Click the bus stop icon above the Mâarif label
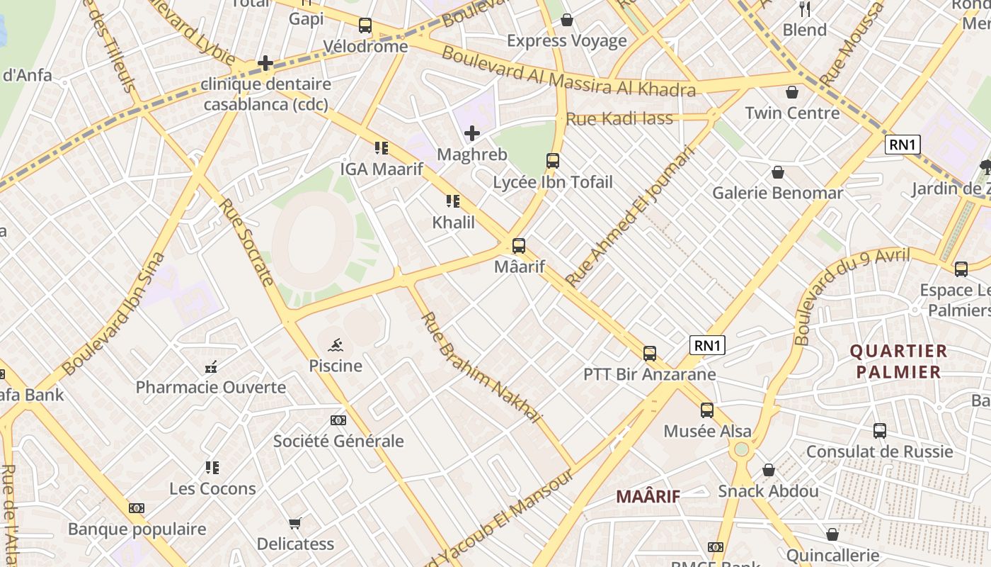pyautogui.click(x=519, y=246)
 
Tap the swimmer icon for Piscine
pyautogui.click(x=336, y=345)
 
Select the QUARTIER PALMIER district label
pyautogui.click(x=898, y=361)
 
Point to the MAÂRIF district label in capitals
pyautogui.click(x=648, y=496)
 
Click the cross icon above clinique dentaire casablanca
pyautogui.click(x=265, y=63)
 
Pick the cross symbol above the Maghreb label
pyautogui.click(x=471, y=133)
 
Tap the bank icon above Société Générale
pyautogui.click(x=338, y=420)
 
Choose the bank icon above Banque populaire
pyautogui.click(x=137, y=508)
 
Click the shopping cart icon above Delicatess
pyautogui.click(x=295, y=523)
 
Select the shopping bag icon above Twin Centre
pyautogui.click(x=792, y=92)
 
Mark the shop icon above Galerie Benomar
pyautogui.click(x=777, y=172)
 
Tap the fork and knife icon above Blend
pyautogui.click(x=804, y=9)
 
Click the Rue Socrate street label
pyautogui.click(x=246, y=242)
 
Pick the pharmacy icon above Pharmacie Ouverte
pyautogui.click(x=210, y=367)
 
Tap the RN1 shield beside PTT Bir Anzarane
pyautogui.click(x=708, y=345)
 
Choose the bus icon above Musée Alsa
pyautogui.click(x=706, y=410)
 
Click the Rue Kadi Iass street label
pyautogui.click(x=619, y=119)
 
